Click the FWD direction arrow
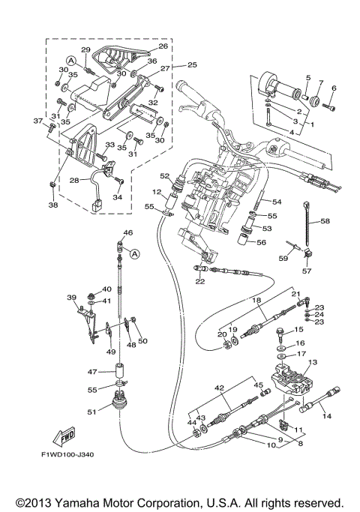coord(64,436)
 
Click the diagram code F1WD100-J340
coord(67,454)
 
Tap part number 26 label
coord(163,46)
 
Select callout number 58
coord(325,221)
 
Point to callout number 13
coord(313,362)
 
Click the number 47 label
coord(92,372)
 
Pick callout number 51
coord(92,412)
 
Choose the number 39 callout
coord(71,298)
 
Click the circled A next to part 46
coord(135,253)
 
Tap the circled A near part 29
coord(70,61)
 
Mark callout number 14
coord(327,416)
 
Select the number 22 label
coord(200,281)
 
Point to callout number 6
coord(334,88)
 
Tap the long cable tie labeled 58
coord(307,226)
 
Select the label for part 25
coord(193,64)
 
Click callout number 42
coord(220,388)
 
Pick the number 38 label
coord(53,205)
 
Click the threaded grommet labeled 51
coord(120,400)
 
